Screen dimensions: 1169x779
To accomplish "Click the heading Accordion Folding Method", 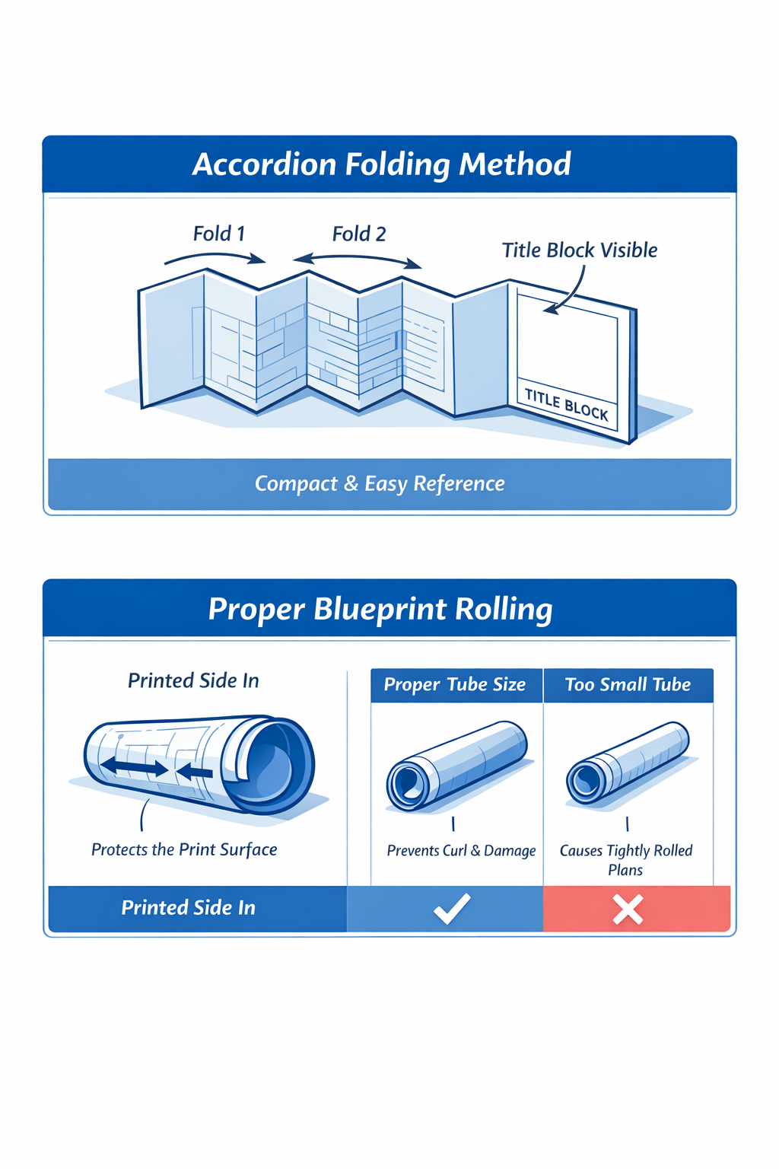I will click(381, 164).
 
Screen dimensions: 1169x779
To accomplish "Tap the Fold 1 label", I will click(219, 234).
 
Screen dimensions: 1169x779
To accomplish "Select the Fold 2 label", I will click(359, 234).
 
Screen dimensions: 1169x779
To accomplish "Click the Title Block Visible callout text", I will click(580, 250).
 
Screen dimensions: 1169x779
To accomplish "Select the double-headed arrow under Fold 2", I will click(358, 260).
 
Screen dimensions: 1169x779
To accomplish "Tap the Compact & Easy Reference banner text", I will click(380, 484).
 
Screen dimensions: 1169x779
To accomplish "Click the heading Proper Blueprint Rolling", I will click(380, 609).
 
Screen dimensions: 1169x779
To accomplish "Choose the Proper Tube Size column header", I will click(455, 685).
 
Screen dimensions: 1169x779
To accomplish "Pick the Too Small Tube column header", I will click(628, 685).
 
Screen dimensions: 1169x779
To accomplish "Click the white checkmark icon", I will click(452, 909).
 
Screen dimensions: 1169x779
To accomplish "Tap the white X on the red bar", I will click(628, 909).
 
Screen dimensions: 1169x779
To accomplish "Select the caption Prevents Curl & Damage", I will click(461, 851).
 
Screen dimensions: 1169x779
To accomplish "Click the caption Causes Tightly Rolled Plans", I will click(626, 860).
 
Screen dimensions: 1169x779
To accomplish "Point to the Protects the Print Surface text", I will click(184, 850).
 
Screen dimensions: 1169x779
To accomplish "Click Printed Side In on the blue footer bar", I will click(188, 908).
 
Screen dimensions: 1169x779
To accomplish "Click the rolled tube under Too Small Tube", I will click(628, 763).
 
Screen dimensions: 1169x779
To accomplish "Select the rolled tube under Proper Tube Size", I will click(456, 765).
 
